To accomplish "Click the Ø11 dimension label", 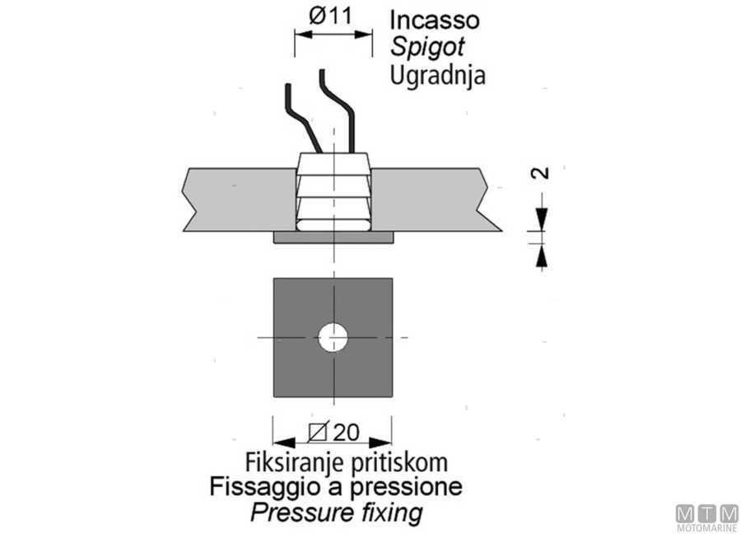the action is pos(330,16).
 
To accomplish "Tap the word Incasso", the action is pos(435,21).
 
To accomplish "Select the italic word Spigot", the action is pos(427,48).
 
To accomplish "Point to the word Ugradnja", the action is pos(438,75).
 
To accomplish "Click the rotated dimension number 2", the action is pos(541,172).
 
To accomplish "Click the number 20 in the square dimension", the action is pos(346,433).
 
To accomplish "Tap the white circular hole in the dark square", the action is pos(333,338).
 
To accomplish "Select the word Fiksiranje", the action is pos(293,462).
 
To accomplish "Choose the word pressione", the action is pos(407,487).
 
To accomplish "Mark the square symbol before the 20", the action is pos(318,431).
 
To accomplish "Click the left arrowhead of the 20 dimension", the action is pos(284,443).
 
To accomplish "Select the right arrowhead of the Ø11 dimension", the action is pos(363,34).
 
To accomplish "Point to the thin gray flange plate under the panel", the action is pos(333,237).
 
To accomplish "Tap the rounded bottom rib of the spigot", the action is pos(333,225).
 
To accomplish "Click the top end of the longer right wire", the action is pos(322,71).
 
